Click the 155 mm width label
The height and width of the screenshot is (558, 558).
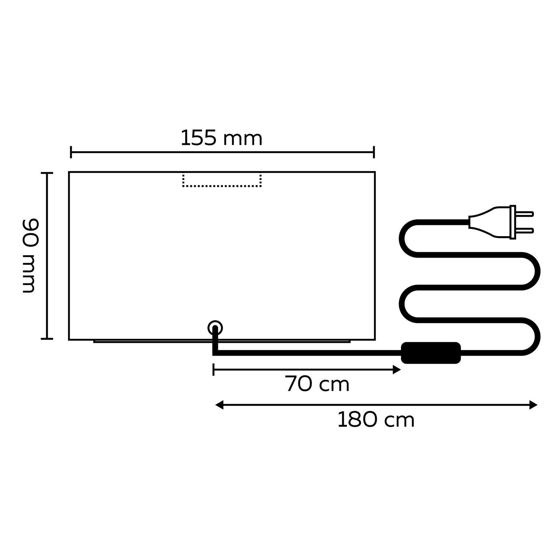pos(221,138)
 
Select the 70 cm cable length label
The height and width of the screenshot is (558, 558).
pos(317,384)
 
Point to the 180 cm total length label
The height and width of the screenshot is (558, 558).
pos(376,420)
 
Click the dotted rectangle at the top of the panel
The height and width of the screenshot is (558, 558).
pos(222,180)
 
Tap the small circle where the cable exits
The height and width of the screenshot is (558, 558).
pos(215,328)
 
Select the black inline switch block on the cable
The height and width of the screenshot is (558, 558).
pos(431,352)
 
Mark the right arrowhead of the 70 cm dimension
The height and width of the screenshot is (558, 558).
pos(397,370)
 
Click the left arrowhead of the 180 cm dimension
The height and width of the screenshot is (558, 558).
pos(219,405)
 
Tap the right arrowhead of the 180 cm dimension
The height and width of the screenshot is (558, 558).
pos(533,405)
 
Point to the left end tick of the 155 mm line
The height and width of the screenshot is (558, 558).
pos(71,152)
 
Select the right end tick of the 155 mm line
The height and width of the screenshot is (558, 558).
pos(374,152)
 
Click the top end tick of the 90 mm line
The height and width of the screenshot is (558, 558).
pos(47,173)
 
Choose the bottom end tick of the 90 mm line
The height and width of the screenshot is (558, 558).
pos(47,339)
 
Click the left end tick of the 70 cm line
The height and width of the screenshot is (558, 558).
pos(214,370)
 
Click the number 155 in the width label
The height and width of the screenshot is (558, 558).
pos(198,138)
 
